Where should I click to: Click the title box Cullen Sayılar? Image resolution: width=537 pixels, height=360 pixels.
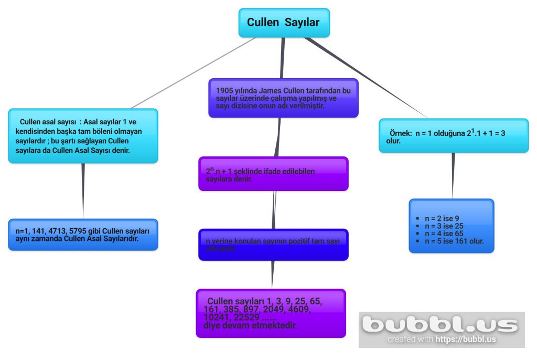click(x=284, y=23)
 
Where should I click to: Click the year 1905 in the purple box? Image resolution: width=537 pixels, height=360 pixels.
click(x=225, y=91)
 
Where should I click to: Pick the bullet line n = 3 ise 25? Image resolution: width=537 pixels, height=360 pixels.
click(x=444, y=226)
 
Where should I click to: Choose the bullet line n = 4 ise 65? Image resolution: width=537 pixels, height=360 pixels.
click(x=444, y=234)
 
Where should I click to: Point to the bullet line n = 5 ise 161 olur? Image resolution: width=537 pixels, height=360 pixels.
click(x=454, y=241)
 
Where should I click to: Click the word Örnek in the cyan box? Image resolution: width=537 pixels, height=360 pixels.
click(x=400, y=134)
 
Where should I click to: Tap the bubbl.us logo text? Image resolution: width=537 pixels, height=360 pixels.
click(x=441, y=324)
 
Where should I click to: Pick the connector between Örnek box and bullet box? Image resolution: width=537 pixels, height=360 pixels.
click(x=453, y=176)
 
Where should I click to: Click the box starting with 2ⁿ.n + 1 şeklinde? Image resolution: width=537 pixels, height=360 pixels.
click(x=273, y=174)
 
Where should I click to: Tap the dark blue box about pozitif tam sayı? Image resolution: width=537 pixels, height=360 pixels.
click(x=273, y=244)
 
